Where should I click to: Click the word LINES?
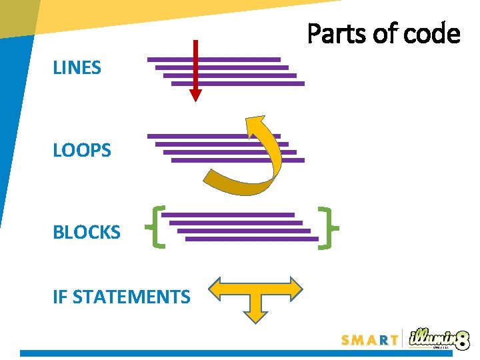(x=77, y=67)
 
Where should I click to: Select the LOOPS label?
(x=82, y=150)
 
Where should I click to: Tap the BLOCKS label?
(x=87, y=233)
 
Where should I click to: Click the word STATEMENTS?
(x=131, y=297)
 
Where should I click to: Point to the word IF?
(x=60, y=297)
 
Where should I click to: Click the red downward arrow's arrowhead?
(x=195, y=95)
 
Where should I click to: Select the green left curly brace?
(x=159, y=227)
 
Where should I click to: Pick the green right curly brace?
(x=327, y=227)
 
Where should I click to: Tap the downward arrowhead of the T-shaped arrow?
(x=255, y=316)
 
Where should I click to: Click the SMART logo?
(x=370, y=339)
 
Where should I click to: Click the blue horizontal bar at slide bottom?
(x=200, y=353)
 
